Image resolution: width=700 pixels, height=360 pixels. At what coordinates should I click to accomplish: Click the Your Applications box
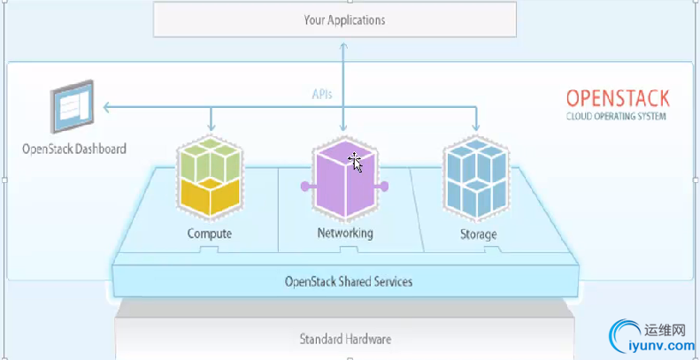334,19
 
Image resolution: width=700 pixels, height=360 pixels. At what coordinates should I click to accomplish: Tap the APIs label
322,92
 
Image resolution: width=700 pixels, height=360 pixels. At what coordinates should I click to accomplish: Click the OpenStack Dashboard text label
74,149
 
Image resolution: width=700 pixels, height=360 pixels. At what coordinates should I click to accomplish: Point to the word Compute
210,234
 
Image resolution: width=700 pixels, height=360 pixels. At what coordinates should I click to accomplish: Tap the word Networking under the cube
345,234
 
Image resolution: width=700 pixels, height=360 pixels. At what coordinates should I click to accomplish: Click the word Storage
478,234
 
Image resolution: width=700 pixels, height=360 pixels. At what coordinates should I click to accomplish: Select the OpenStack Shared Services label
349,282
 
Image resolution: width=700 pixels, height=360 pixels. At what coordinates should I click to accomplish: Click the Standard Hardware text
345,339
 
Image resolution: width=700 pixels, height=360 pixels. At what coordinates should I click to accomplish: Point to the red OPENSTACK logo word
617,98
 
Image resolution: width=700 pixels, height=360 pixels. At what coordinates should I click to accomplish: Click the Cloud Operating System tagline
616,116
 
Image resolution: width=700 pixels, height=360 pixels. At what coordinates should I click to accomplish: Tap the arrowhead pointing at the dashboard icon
106,108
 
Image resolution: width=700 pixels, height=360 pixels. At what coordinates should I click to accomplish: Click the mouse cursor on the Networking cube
355,161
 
